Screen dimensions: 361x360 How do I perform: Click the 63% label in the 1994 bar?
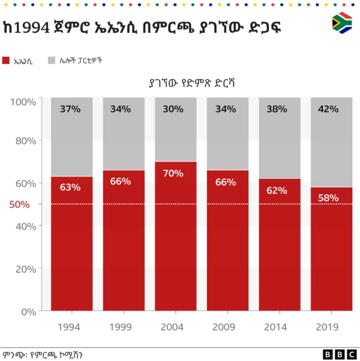70,187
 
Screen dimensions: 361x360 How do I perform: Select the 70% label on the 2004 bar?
173,173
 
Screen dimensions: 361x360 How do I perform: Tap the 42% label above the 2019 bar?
328,109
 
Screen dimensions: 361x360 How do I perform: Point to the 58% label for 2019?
328,197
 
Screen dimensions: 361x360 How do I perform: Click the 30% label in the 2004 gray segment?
173,109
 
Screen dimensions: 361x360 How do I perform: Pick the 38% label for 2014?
276,109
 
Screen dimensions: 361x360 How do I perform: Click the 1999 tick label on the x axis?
121,327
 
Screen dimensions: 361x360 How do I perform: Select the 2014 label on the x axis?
276,327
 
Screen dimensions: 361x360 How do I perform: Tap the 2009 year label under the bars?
224,327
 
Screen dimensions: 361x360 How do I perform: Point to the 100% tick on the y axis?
24,102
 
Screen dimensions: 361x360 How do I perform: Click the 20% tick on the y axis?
26,269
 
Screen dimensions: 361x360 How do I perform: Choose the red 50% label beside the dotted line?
20,204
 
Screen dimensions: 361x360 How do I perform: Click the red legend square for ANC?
6,60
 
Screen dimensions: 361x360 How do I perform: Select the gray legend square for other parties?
51,60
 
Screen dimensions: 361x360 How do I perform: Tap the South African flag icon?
342,23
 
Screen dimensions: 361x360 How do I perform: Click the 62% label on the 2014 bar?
276,190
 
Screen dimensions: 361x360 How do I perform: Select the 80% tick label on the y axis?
26,141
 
